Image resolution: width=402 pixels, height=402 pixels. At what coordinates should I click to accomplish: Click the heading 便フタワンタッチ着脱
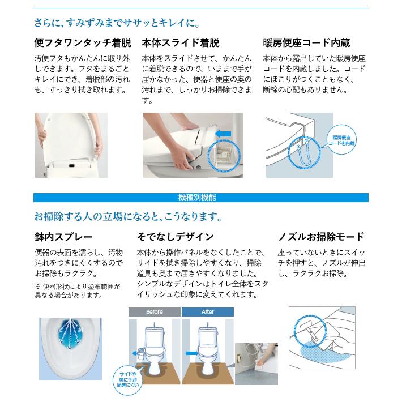pyautogui.click(x=83, y=43)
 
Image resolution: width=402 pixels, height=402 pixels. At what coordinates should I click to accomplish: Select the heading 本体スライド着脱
pyautogui.click(x=180, y=43)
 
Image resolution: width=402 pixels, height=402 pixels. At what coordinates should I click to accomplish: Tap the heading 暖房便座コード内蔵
pyautogui.click(x=306, y=43)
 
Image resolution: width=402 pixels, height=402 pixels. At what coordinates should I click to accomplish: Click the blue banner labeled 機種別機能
pyautogui.click(x=200, y=198)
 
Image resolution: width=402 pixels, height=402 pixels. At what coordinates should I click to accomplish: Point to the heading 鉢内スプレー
pyautogui.click(x=63, y=237)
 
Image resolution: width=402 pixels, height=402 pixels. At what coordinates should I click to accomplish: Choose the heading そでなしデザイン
pyautogui.click(x=175, y=237)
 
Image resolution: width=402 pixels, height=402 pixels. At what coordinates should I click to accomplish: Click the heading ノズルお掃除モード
pyautogui.click(x=320, y=237)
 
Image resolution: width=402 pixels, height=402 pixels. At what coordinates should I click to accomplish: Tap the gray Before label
pyautogui.click(x=154, y=312)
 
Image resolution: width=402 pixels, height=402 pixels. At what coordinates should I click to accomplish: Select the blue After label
pyautogui.click(x=208, y=312)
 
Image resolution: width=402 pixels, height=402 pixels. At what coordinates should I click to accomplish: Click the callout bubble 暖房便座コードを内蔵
pyautogui.click(x=343, y=140)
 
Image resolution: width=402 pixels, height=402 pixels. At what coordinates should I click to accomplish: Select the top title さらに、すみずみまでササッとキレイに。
pyautogui.click(x=117, y=23)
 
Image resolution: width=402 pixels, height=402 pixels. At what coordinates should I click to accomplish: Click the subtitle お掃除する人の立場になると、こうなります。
pyautogui.click(x=127, y=217)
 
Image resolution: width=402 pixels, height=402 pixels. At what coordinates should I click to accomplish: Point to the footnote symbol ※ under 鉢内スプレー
pyautogui.click(x=38, y=286)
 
